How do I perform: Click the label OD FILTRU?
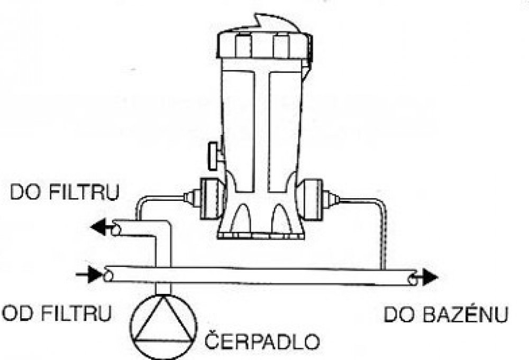57,314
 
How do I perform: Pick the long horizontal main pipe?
264,275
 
